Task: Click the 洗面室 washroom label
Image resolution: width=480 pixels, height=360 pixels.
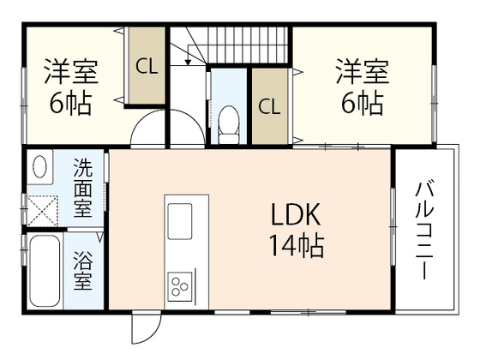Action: (x=83, y=186)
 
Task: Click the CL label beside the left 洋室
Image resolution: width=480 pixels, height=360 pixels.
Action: (x=147, y=66)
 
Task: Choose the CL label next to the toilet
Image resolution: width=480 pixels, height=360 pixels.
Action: (x=269, y=106)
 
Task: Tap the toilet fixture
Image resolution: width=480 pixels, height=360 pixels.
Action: (x=228, y=125)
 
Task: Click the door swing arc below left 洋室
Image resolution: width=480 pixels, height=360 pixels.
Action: (x=149, y=133)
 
